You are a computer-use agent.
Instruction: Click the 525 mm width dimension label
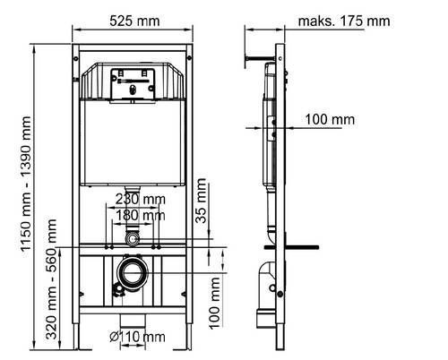pos(134,21)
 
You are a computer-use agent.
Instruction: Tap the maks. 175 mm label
pos(344,21)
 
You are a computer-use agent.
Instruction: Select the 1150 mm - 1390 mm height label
pos(26,184)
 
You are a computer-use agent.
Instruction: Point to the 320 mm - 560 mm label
pos(51,279)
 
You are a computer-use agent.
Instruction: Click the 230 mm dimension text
pos(141,199)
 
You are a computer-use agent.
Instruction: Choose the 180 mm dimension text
pos(141,215)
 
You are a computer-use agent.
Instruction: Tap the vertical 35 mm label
pos(201,201)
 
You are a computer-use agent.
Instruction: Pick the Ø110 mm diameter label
pos(137,337)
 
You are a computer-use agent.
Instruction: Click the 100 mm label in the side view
pos(330,119)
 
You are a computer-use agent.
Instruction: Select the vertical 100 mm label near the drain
pos(214,303)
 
